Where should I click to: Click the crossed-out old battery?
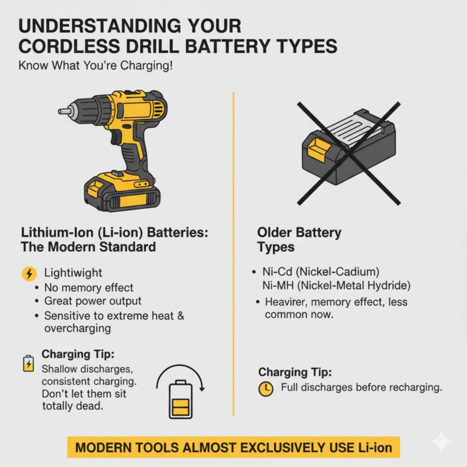[x=349, y=147]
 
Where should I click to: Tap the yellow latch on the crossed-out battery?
[x=319, y=150]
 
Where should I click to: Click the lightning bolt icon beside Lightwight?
[x=29, y=274]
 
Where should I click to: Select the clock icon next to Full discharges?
[x=266, y=389]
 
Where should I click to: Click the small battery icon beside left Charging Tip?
[x=28, y=363]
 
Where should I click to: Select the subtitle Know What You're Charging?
[x=95, y=65]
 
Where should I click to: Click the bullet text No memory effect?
[x=88, y=288]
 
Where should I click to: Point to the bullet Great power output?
[x=93, y=301]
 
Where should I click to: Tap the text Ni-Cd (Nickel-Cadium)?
[x=321, y=272]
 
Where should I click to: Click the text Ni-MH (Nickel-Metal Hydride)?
[x=337, y=285]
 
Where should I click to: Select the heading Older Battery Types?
[x=299, y=240]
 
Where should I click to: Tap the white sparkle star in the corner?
[x=441, y=441]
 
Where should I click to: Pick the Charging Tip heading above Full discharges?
[x=295, y=372]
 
